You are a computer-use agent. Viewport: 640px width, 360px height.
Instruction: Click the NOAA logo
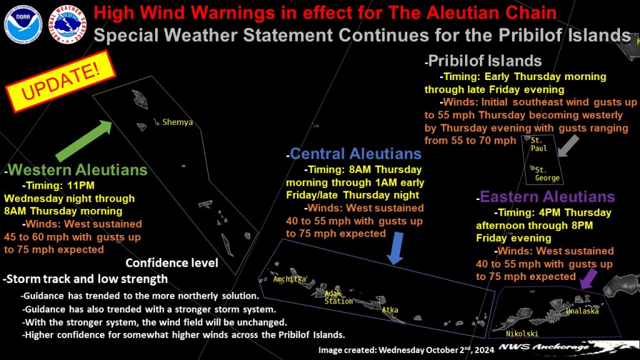point(23,24)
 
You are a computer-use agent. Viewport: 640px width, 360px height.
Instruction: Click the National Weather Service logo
point(67,24)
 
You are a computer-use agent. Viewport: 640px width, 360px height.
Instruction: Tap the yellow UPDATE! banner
point(61,81)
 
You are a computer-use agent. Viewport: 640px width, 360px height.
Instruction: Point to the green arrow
point(84,141)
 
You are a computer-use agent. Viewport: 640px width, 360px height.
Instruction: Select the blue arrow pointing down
point(395,248)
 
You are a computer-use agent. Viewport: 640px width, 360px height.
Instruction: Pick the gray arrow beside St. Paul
point(569,146)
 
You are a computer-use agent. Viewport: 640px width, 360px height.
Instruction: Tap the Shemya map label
point(177,122)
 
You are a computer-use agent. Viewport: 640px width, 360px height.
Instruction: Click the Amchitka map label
point(290,279)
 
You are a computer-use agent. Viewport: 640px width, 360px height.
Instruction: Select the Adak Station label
point(338,297)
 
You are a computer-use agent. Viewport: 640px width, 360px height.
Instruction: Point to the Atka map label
point(390,310)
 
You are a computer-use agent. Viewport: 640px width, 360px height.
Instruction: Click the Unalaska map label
point(582,311)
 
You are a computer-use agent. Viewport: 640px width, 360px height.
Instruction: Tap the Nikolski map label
point(522,334)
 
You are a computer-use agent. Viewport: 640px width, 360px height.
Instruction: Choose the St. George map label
point(547,174)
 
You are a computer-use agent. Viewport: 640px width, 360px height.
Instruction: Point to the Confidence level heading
point(172,263)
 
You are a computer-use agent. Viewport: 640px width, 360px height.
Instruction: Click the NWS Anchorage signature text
point(544,347)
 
